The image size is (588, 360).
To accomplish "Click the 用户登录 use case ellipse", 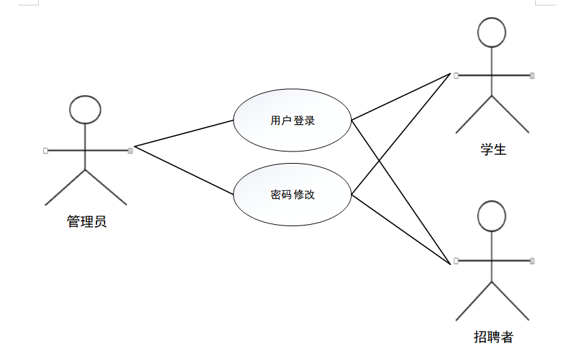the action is (292, 121).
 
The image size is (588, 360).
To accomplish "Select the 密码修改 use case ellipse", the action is (292, 195).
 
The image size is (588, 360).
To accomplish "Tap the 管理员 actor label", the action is (86, 221).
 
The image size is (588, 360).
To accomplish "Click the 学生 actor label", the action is (493, 149).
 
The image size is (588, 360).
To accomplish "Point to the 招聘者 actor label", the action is (493, 337).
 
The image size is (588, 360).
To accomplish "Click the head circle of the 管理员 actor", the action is (86, 109).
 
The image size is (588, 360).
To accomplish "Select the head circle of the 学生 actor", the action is (492, 32).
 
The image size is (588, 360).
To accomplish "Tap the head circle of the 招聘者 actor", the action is (492, 216).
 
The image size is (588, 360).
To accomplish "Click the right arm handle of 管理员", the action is (130, 150).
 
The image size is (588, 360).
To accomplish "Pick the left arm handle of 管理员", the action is (45, 150).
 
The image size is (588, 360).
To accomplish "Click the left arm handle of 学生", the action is (456, 75).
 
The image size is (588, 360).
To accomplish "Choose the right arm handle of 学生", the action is (532, 75).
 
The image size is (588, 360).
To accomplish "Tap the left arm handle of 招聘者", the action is (456, 260).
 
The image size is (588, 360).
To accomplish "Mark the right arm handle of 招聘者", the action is (532, 260).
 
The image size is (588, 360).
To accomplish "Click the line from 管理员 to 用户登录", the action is (183, 133).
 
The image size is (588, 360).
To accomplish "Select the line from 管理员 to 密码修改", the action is (183, 171).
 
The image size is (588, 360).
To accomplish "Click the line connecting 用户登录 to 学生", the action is (401, 97).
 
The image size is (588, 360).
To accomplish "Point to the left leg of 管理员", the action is (65, 187).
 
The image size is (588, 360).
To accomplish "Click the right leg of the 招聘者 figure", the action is (511, 302).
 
